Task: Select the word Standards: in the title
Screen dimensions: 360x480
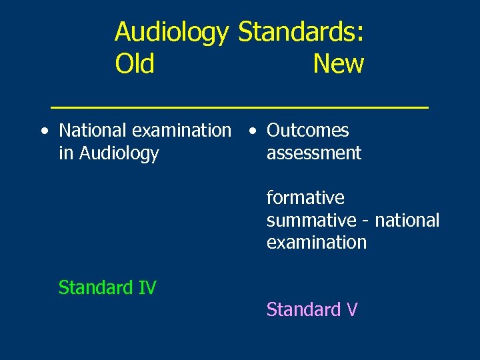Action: pos(301,32)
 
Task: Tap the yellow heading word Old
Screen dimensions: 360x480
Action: pos(135,64)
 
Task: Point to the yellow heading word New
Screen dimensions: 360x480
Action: pos(338,64)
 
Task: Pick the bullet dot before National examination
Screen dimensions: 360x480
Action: pos(43,131)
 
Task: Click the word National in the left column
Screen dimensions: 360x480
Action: pos(91,131)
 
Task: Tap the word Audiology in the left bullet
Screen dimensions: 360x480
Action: pos(119,153)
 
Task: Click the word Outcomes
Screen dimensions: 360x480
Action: pos(307,131)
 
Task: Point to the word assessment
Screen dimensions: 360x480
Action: pos(313,153)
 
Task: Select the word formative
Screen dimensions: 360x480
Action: pos(305,198)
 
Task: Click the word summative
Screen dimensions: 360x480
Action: pos(311,220)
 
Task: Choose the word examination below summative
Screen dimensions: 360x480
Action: pos(317,242)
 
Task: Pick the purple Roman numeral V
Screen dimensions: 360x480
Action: pos(352,310)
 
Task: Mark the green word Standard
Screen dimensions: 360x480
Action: pos(95,287)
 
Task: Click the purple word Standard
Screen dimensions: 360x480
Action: pos(303,310)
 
